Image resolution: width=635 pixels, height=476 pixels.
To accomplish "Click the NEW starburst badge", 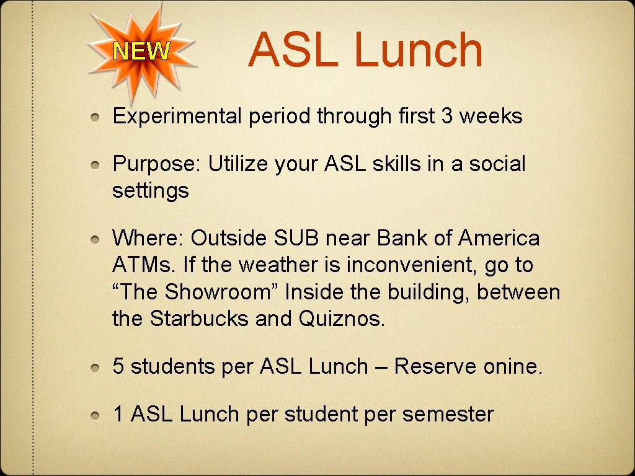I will click(x=142, y=51).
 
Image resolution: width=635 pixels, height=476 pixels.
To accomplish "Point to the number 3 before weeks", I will click(x=446, y=116).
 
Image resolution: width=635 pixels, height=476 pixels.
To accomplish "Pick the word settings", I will click(x=150, y=191).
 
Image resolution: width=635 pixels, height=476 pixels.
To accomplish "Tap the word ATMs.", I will click(x=144, y=265).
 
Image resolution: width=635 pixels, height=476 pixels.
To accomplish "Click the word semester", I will click(x=448, y=414).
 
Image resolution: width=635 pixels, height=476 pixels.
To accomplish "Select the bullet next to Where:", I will click(x=95, y=239).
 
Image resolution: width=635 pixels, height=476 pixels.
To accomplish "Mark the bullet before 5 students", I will click(x=95, y=368).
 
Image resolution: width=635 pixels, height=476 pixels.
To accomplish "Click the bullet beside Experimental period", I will click(x=95, y=117).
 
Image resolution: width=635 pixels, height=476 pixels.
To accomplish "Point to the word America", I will click(x=499, y=238).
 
